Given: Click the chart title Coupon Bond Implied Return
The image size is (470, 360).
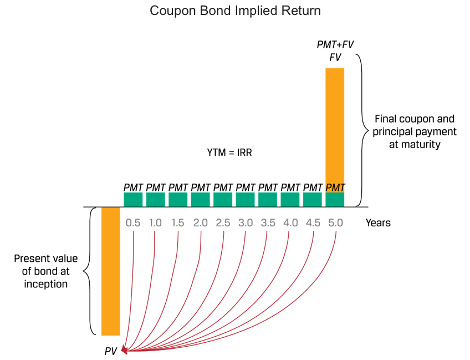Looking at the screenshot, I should click(x=235, y=11).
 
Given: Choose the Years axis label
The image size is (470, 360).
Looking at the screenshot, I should click(x=378, y=223).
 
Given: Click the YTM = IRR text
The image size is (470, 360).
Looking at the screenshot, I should click(x=229, y=152).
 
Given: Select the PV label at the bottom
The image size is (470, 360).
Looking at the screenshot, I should click(x=111, y=351).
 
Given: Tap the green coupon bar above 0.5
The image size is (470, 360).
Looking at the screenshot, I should click(x=133, y=199).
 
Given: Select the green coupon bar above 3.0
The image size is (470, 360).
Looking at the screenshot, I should click(x=246, y=199).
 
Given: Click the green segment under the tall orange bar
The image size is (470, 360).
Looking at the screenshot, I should click(x=335, y=199).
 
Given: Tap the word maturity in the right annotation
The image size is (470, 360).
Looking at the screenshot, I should click(x=423, y=144).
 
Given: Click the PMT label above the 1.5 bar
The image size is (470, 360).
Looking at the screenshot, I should click(x=178, y=187).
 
